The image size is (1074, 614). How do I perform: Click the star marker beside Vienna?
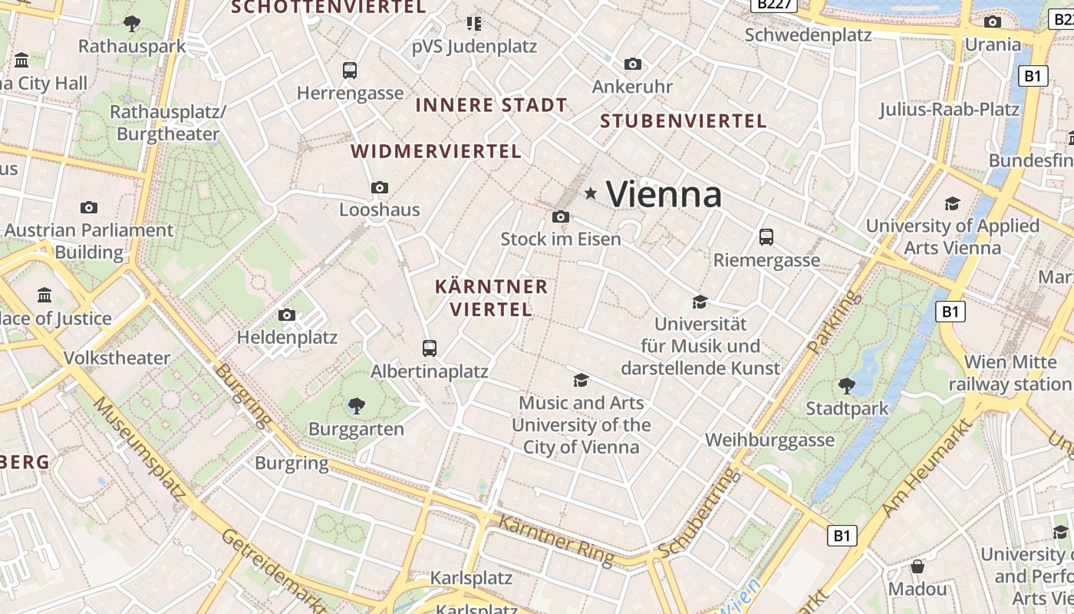590,193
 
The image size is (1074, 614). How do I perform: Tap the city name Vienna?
664,194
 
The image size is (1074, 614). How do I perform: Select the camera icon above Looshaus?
379,187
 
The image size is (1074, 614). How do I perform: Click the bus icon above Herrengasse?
350,71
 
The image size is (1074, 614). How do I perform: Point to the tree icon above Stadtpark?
846,385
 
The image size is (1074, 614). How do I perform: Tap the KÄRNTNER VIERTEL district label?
491,298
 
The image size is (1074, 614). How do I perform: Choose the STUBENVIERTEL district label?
683,121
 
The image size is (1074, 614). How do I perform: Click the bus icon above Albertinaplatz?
430,348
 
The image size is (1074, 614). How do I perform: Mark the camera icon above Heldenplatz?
287,315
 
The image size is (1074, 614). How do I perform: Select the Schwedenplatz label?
808,35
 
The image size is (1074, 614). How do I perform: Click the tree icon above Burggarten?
356,406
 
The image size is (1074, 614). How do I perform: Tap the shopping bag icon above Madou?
918,567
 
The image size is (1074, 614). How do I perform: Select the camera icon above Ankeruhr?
632,64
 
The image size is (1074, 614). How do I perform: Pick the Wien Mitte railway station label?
1010,373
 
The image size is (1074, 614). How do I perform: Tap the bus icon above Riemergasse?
766,237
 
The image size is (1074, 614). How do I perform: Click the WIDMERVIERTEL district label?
436,151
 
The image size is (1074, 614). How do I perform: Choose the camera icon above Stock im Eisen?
561,217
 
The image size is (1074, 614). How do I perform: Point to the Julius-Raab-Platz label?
949,109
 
